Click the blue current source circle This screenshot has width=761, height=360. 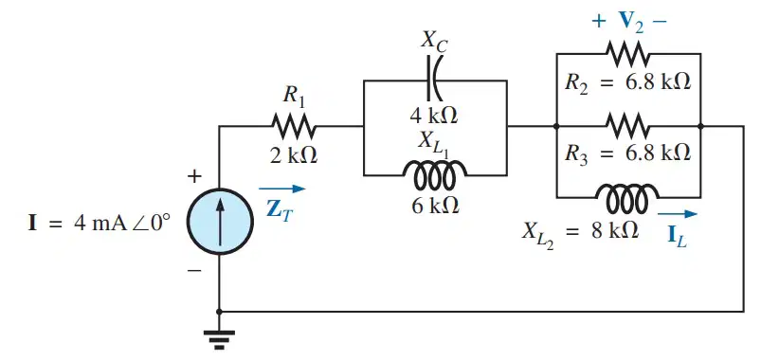[221, 221]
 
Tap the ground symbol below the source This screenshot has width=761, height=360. [219, 339]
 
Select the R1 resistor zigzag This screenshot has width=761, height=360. [294, 127]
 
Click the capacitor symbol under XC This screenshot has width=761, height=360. [432, 81]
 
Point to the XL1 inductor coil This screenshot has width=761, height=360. [434, 174]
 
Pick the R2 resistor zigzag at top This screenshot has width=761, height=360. [627, 53]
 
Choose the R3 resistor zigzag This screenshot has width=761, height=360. [627, 127]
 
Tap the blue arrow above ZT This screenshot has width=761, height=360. [282, 189]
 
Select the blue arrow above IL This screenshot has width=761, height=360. [678, 213]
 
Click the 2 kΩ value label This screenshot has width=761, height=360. [294, 155]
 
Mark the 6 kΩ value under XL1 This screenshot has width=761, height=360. [433, 207]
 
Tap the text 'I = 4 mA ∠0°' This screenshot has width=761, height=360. [99, 225]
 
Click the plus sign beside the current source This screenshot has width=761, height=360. [194, 176]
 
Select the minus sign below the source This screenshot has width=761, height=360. [194, 270]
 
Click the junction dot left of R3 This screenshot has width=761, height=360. [556, 127]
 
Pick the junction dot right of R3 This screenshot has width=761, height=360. [700, 127]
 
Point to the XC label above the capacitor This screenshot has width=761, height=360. [434, 42]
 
